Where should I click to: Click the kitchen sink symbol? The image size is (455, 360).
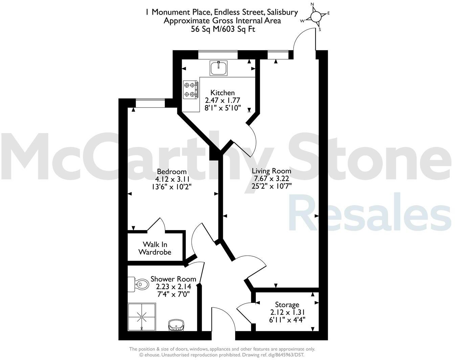point(218,68)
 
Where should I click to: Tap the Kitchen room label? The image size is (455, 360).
point(222,93)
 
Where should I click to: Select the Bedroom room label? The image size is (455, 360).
point(172,172)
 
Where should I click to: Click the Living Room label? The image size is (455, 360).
point(271,171)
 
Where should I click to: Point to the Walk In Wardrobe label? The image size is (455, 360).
point(155,248)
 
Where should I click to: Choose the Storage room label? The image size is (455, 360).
point(287,305)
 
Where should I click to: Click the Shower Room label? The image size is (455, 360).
point(173,279)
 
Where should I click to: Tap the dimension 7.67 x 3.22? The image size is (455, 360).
point(271,178)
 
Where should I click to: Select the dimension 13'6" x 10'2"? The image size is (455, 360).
point(172,186)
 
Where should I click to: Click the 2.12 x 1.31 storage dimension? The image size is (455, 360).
point(287,312)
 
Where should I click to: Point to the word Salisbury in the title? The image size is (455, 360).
point(280,13)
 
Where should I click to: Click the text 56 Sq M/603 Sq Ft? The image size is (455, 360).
point(223,29)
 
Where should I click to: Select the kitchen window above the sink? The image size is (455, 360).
point(218,55)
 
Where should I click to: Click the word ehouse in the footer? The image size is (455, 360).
point(152,355)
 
